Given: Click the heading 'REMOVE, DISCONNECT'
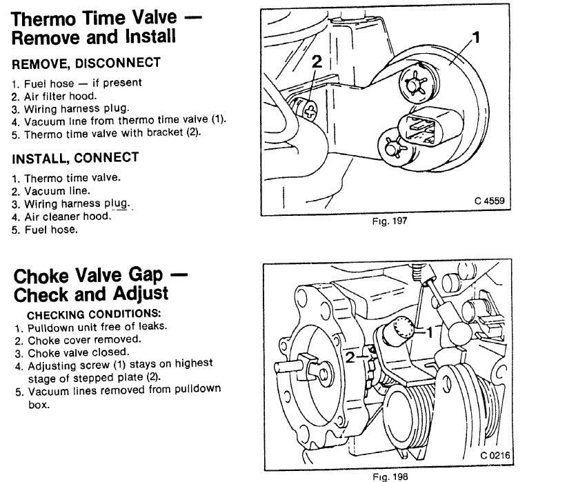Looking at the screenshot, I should click(86, 63).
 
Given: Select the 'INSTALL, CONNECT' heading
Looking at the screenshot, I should click(75, 158).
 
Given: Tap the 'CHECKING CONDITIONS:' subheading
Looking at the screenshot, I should click(84, 314).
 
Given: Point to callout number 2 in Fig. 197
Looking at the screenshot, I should click(317, 61).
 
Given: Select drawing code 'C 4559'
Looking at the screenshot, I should click(489, 201).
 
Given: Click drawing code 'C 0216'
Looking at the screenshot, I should click(497, 456).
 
